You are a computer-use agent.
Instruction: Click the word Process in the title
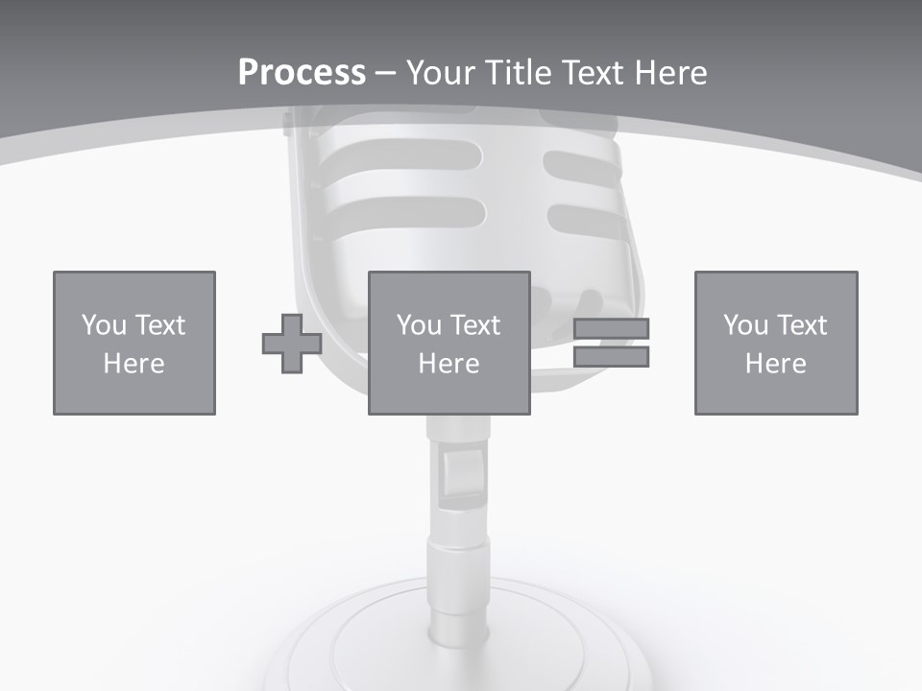pyautogui.click(x=302, y=73)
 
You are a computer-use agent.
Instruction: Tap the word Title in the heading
pyautogui.click(x=518, y=73)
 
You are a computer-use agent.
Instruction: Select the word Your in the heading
pyautogui.click(x=441, y=73)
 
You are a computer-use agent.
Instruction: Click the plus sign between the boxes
pyautogui.click(x=292, y=344)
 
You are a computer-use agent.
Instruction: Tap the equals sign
pyautogui.click(x=611, y=343)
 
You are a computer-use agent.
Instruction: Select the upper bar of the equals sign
pyautogui.click(x=611, y=329)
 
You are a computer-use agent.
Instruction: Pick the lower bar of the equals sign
pyautogui.click(x=611, y=357)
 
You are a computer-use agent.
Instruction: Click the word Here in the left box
pyautogui.click(x=134, y=364)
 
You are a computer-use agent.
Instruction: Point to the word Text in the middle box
pyautogui.click(x=475, y=325)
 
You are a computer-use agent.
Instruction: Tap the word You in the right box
pyautogui.click(x=745, y=325)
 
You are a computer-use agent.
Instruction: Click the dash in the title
pyautogui.click(x=385, y=73)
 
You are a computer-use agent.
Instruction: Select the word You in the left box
pyautogui.click(x=104, y=325)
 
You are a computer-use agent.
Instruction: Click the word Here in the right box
pyautogui.click(x=776, y=364)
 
